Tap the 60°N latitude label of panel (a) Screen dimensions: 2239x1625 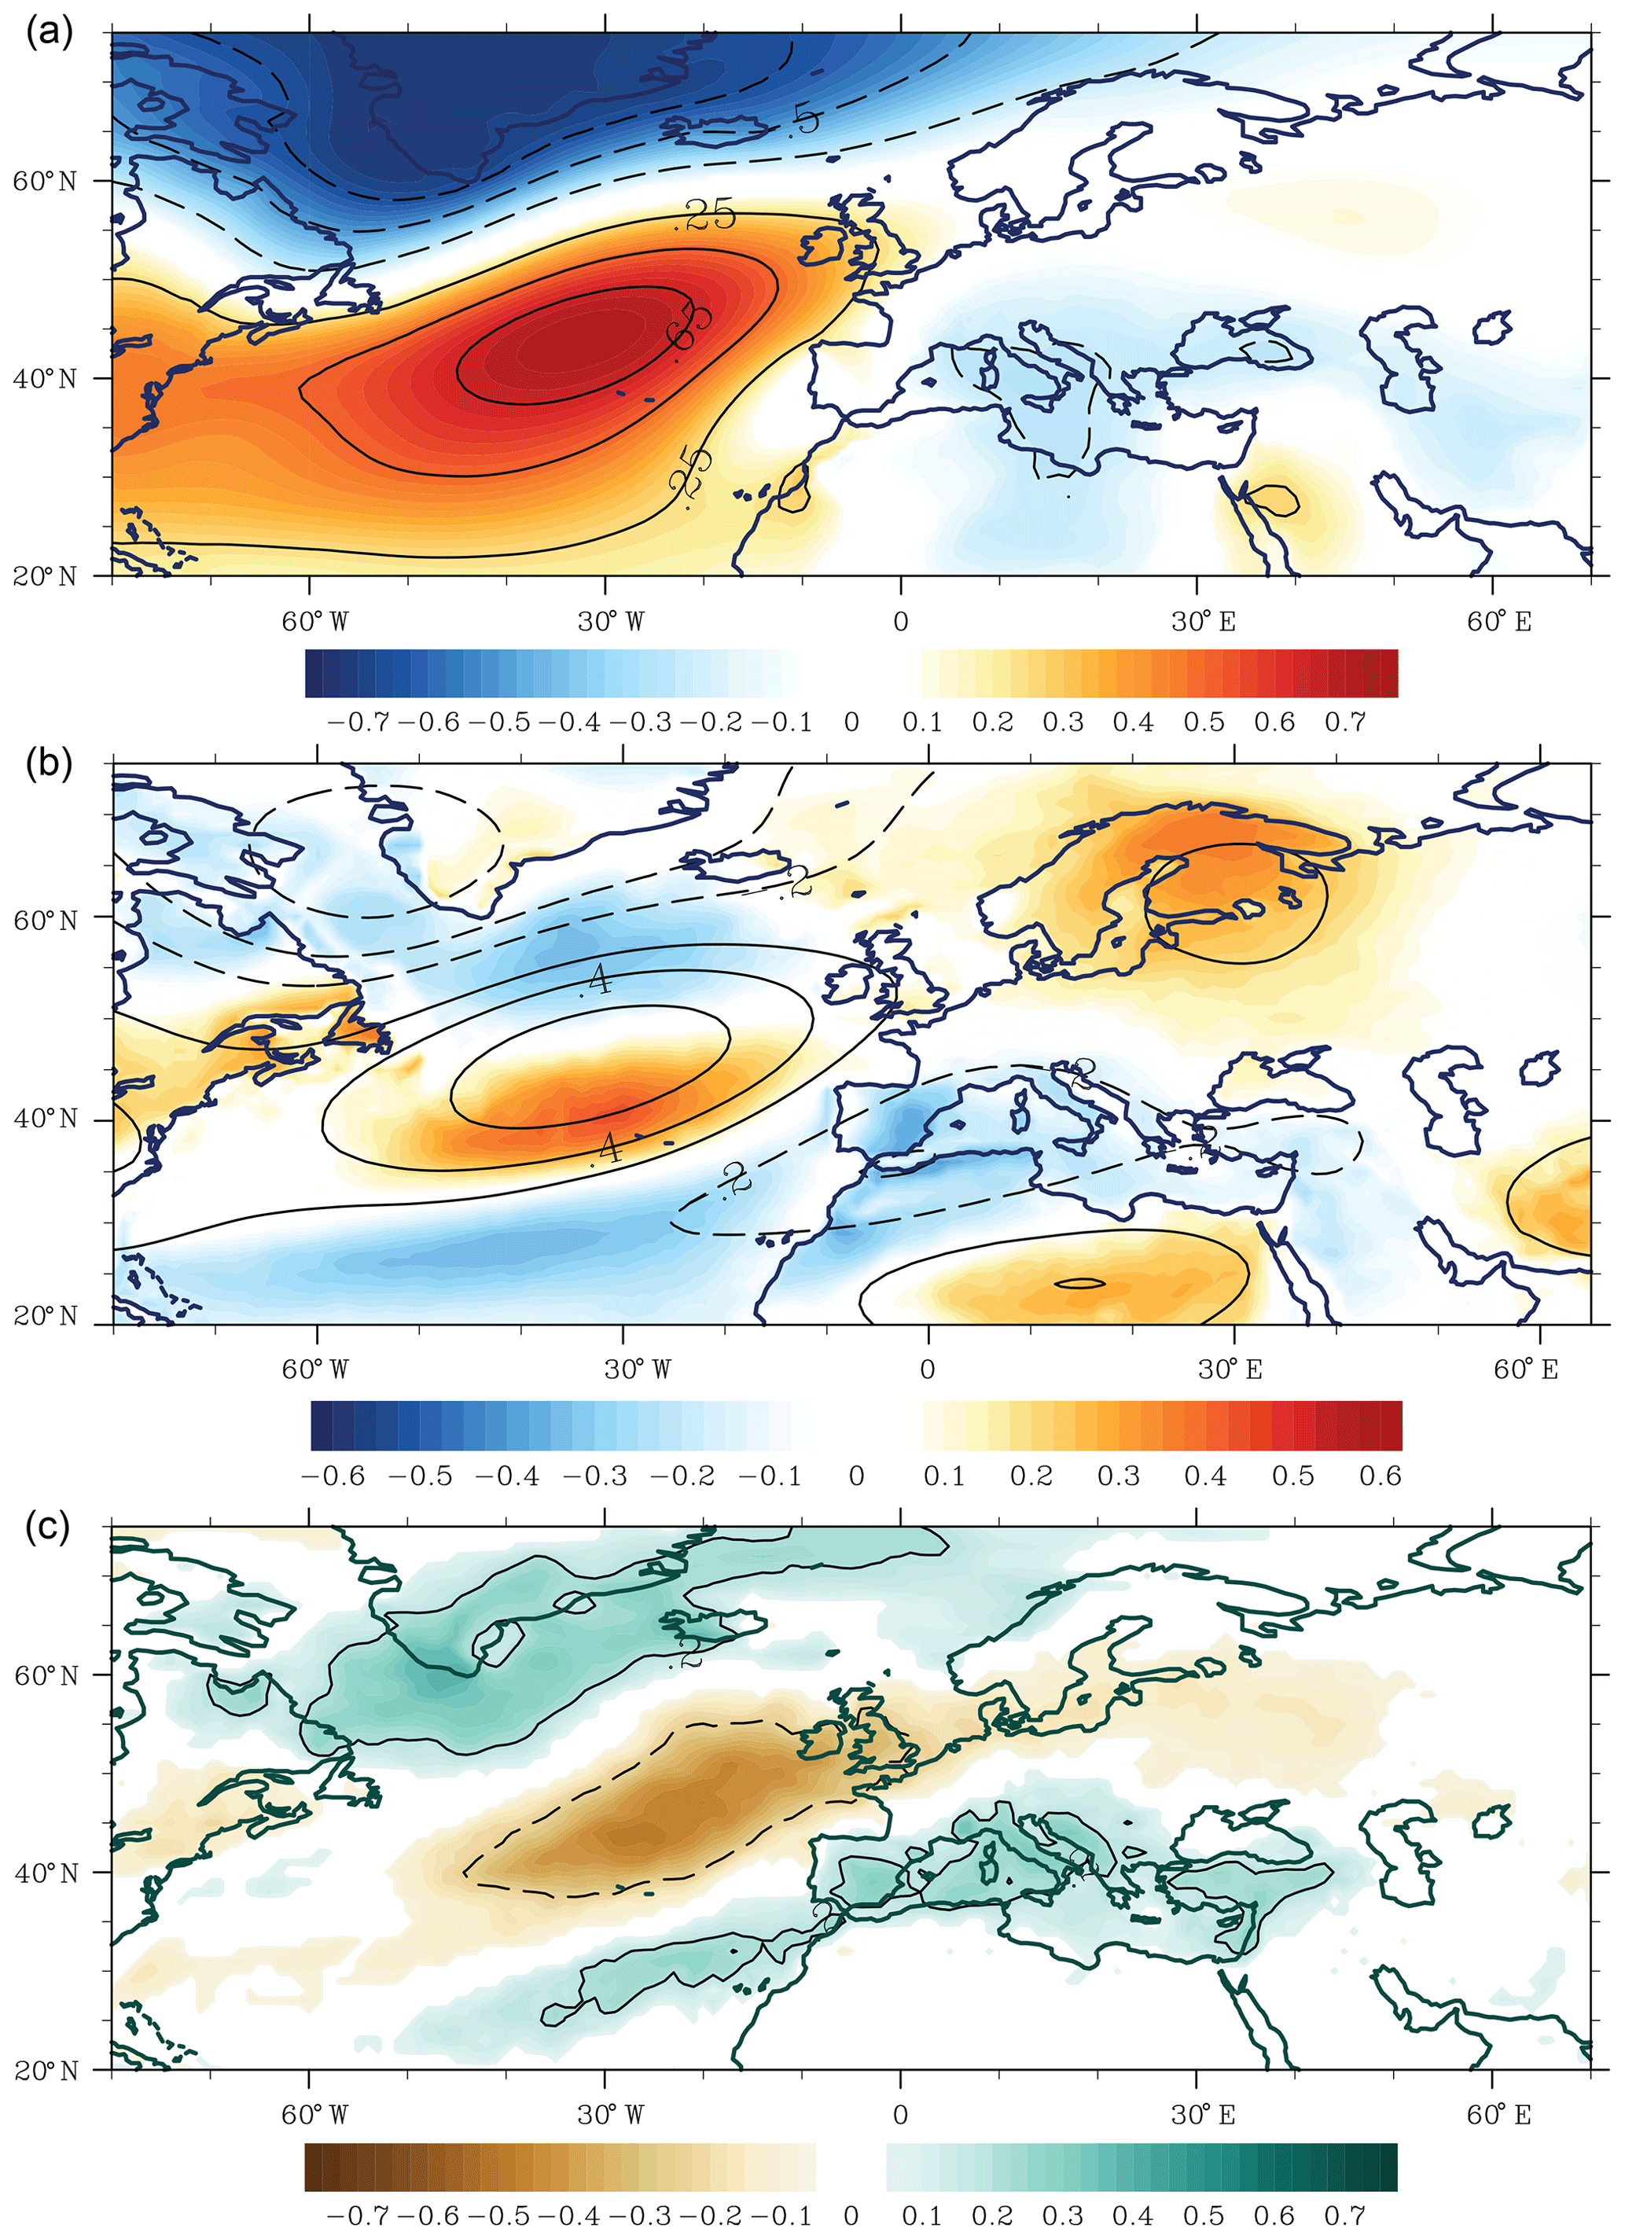(x=45, y=182)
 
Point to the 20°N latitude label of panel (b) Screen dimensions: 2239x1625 (x=46, y=1316)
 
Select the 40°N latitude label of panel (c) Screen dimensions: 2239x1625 (x=46, y=1873)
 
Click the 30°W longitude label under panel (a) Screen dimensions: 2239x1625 (x=610, y=622)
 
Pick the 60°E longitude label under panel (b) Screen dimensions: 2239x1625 (x=1525, y=1370)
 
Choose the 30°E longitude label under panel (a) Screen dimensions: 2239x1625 (x=1203, y=622)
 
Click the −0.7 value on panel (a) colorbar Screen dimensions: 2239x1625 (x=358, y=722)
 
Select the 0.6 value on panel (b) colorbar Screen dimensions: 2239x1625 (x=1379, y=1476)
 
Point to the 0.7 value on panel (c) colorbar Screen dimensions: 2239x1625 (x=1344, y=2215)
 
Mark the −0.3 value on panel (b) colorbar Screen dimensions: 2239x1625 (x=595, y=1476)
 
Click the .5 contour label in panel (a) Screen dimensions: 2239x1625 (x=804, y=120)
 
